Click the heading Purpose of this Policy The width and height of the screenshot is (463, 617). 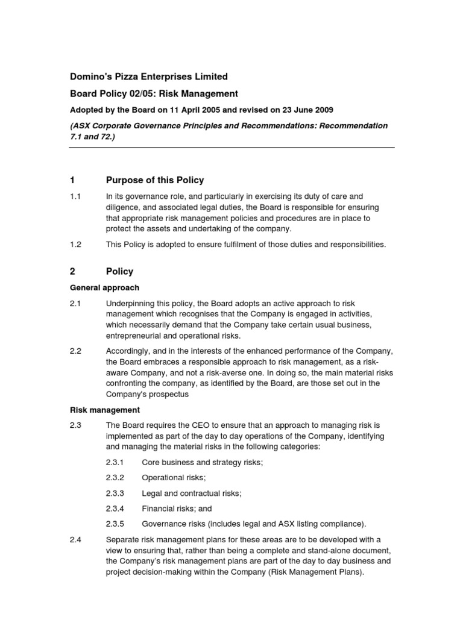[x=155, y=180]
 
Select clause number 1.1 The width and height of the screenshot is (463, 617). [x=75, y=196]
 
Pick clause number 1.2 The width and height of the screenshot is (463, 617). [x=75, y=245]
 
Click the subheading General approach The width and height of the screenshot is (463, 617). [x=104, y=287]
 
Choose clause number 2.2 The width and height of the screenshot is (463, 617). [x=75, y=351]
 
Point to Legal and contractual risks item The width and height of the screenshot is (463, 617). [x=192, y=493]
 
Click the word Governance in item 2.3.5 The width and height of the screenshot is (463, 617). [x=164, y=524]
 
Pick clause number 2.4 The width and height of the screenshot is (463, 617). [x=75, y=539]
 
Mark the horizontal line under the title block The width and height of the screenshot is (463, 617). [x=232, y=148]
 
